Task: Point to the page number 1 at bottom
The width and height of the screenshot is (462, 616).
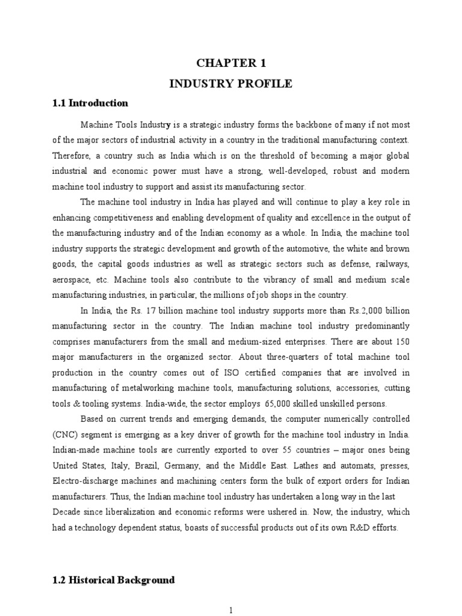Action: pos(230,610)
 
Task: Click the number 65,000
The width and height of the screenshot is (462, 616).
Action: pos(277,404)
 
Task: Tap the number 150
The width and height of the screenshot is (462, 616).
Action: pos(400,341)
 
